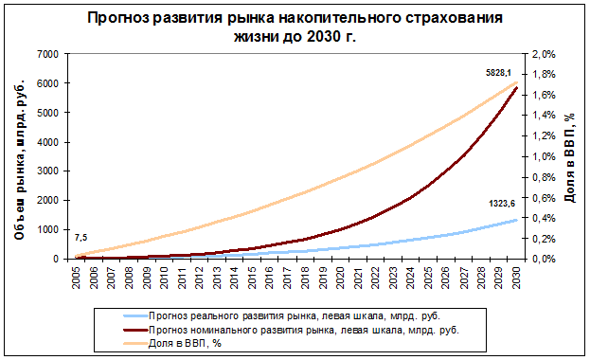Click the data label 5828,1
[498, 73]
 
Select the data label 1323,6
[502, 204]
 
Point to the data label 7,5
[80, 238]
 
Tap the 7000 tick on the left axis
[48, 54]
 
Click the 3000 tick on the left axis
[48, 171]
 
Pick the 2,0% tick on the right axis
[544, 54]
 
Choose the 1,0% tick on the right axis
[544, 156]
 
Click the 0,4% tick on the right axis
[544, 218]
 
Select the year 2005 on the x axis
[77, 278]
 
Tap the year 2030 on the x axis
[516, 278]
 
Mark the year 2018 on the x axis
[305, 278]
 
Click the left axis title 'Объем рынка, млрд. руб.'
[20, 160]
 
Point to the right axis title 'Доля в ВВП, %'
[570, 158]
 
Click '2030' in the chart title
[323, 37]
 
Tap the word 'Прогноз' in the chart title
[119, 18]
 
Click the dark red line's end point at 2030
[516, 88]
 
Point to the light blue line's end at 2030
[516, 220]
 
